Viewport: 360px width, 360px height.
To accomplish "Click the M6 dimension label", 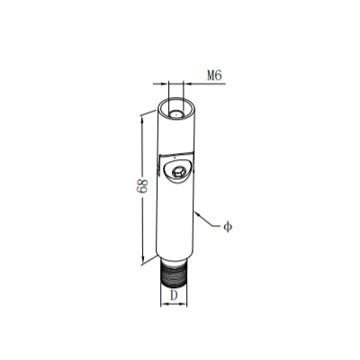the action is [x=214, y=76].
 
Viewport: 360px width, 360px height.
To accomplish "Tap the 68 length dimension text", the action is [x=142, y=186].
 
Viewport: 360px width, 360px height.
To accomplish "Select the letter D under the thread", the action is [x=174, y=295].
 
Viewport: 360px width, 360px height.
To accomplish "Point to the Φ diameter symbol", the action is [x=228, y=227].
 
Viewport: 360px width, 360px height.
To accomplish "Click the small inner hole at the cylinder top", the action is [x=175, y=114].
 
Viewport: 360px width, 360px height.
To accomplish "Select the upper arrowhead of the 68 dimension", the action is [x=142, y=119].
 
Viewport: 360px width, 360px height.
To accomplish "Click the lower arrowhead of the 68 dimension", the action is [x=143, y=258].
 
